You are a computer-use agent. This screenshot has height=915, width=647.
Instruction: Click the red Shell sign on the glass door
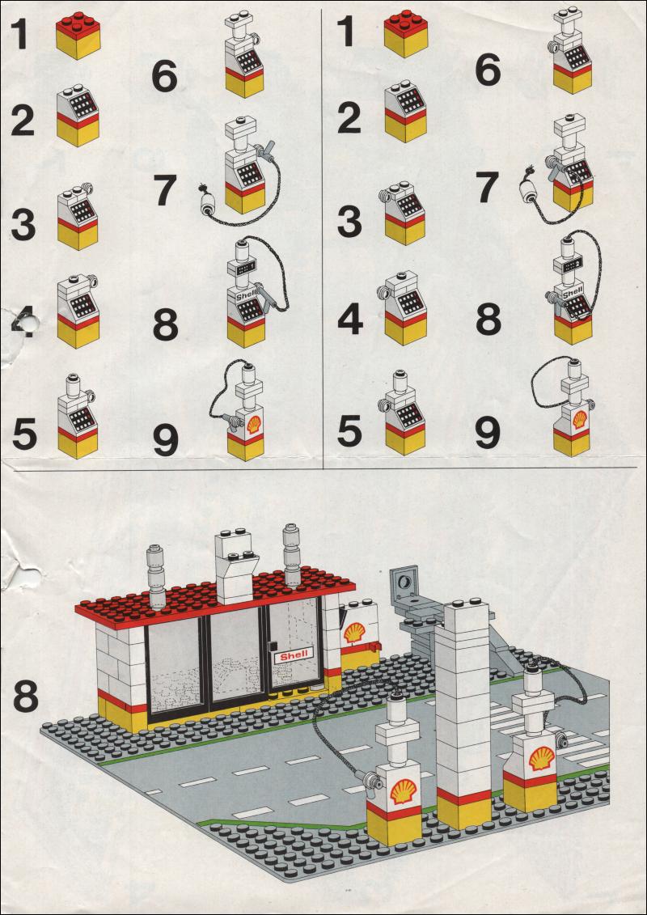tap(294, 656)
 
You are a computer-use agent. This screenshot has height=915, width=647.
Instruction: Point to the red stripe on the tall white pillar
tap(463, 797)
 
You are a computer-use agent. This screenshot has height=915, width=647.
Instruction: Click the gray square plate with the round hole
tap(404, 582)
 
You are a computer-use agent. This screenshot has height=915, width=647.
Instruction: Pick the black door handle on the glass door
tap(271, 645)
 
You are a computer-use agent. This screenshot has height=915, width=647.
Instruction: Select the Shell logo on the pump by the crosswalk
tap(541, 757)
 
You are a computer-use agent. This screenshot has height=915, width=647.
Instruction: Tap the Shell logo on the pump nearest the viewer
tap(403, 791)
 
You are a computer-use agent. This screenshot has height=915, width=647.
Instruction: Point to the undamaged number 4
tap(349, 320)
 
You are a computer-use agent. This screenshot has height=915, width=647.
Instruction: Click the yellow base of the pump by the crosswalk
tap(531, 794)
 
